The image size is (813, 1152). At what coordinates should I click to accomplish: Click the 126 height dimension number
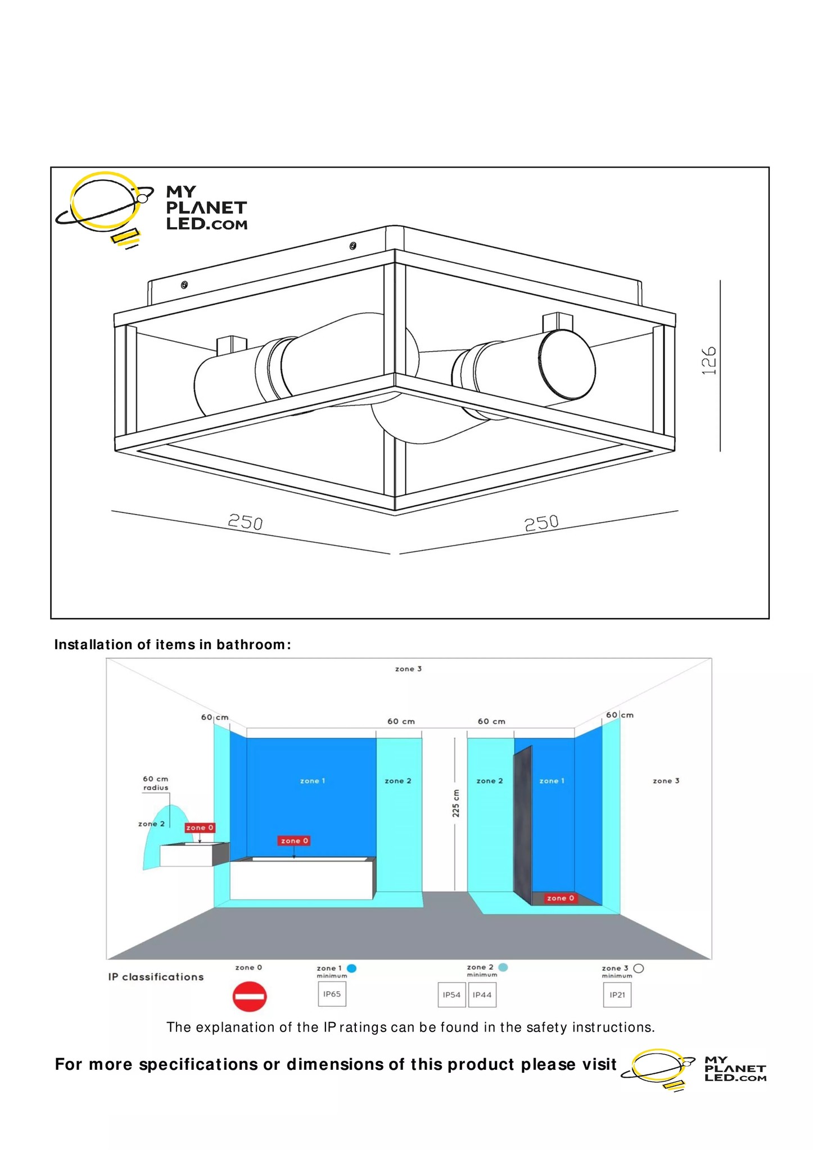coord(710,361)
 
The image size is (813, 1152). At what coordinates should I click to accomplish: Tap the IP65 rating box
coord(332,994)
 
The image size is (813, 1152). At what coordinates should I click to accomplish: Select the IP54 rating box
coord(451,994)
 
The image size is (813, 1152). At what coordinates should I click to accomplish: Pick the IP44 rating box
coord(482,994)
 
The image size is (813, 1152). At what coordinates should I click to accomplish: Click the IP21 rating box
coord(617,994)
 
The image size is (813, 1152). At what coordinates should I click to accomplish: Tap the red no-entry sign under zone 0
coord(249,996)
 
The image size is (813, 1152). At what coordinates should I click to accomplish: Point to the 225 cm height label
coord(456,803)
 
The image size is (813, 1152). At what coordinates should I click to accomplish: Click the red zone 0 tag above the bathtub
coord(294,840)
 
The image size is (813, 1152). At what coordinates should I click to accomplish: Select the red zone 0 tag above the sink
coord(200,827)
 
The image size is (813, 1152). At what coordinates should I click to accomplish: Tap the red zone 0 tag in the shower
coord(561,898)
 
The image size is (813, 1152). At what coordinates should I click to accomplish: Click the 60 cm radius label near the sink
coord(156,783)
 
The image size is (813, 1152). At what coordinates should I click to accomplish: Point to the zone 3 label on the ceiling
coord(408,669)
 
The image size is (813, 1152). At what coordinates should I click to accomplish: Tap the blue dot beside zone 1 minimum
coord(352,968)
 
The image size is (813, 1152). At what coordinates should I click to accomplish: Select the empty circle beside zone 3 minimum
coord(638,968)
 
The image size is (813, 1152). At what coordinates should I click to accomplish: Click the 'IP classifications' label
coord(156,976)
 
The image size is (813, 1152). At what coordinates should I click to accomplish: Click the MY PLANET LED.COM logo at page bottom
coord(694,1069)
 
